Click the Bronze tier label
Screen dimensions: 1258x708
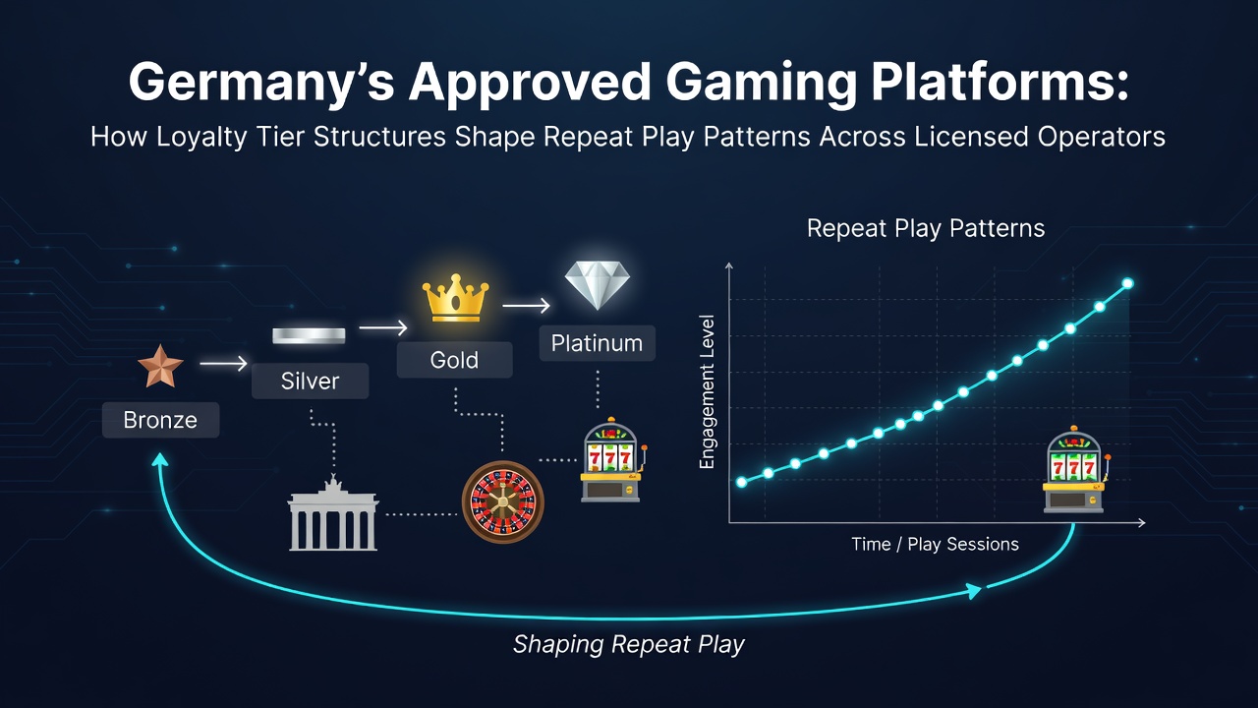160,420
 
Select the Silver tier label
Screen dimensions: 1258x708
310,381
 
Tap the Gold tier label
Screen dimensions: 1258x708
454,360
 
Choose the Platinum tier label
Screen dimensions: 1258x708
597,343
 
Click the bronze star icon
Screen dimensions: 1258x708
160,367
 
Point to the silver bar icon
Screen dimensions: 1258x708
309,335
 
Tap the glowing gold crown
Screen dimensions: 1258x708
455,298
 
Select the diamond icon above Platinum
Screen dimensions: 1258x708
597,285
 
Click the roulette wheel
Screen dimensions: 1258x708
502,501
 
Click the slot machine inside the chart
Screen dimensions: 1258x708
1074,470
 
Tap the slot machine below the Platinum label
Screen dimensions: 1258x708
611,459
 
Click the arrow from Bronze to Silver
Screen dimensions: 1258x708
223,364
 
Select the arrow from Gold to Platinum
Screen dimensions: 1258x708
526,306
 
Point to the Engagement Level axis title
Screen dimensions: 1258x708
707,392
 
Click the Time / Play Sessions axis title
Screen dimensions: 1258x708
935,544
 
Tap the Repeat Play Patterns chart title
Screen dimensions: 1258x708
926,228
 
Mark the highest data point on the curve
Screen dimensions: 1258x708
1127,283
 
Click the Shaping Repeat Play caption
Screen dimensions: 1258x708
629,644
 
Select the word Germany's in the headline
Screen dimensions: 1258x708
261,84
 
